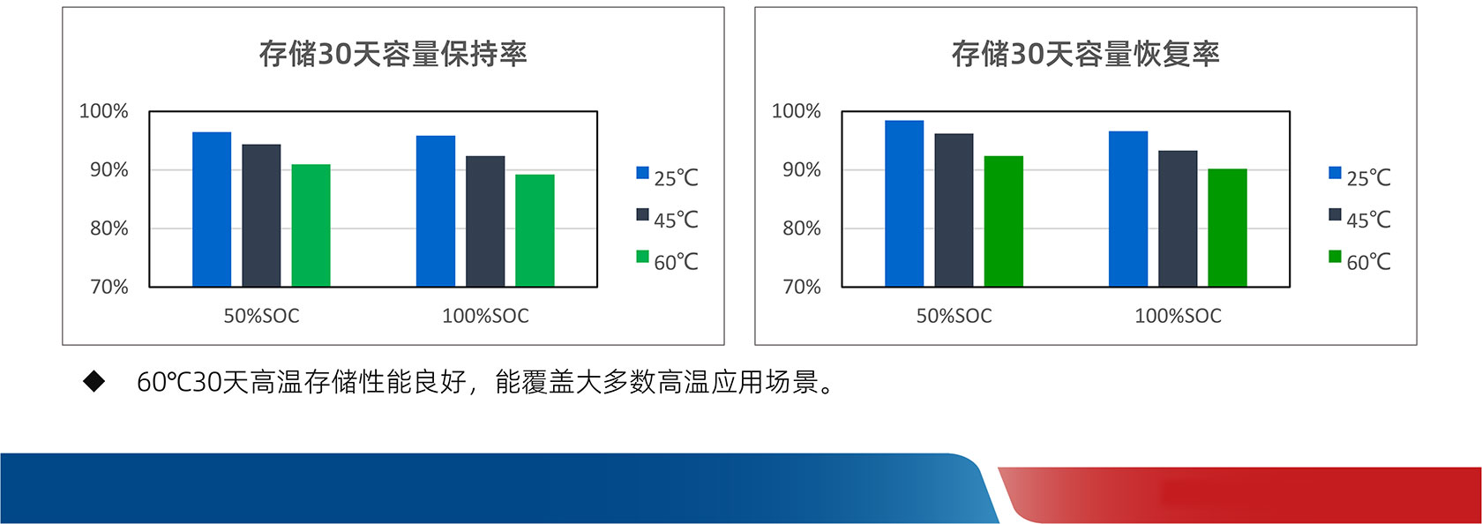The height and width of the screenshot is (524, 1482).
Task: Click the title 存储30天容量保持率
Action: (393, 54)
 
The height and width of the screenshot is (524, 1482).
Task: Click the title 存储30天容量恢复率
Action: (1086, 54)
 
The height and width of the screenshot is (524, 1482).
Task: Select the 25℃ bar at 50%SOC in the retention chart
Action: (212, 209)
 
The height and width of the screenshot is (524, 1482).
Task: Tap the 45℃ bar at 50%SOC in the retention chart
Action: (261, 215)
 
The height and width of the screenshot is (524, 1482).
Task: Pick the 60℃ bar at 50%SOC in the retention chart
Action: (311, 225)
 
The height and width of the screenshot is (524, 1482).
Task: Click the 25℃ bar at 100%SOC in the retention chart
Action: (436, 211)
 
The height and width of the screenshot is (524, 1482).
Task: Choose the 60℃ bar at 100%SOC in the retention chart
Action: (535, 230)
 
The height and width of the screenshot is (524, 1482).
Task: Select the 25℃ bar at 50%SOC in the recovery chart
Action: (904, 203)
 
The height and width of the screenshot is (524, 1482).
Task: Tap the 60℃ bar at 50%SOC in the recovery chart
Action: (1004, 221)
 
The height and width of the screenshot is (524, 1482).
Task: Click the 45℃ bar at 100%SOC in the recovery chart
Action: (1178, 219)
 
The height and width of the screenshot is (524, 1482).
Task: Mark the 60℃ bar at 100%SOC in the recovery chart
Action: (1227, 228)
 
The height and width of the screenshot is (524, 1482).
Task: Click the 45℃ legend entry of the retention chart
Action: (667, 219)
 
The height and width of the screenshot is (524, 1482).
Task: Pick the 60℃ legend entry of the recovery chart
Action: (1359, 261)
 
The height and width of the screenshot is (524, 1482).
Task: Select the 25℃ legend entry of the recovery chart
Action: (1359, 177)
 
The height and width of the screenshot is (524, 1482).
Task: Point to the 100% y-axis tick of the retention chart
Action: (104, 111)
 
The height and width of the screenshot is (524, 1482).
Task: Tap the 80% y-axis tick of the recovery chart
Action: (802, 228)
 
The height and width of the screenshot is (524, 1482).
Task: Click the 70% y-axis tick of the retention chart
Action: (109, 287)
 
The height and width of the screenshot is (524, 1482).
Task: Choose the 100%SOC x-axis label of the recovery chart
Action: (1179, 316)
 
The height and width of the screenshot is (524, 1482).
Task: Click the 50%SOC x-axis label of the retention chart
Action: (261, 316)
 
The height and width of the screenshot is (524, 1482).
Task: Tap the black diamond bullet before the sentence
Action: (94, 381)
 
